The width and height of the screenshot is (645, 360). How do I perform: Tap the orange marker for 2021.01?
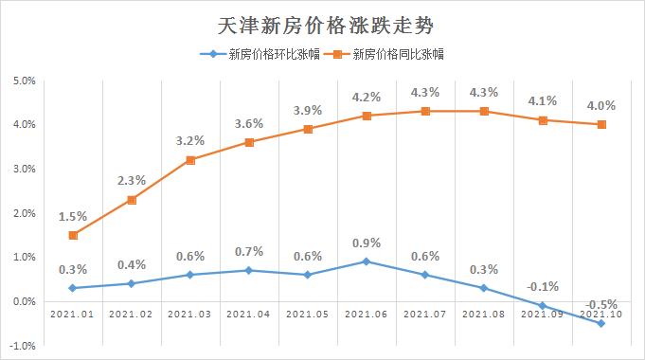pyautogui.click(x=73, y=235)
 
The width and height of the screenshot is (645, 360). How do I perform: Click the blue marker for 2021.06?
pyautogui.click(x=367, y=261)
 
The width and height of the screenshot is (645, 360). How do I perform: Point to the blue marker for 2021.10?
pyautogui.click(x=601, y=323)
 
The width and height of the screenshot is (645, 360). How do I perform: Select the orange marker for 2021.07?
pyautogui.click(x=425, y=111)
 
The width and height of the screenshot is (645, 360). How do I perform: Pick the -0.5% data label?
pyautogui.click(x=601, y=304)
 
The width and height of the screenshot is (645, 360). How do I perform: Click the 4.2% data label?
pyautogui.click(x=367, y=96)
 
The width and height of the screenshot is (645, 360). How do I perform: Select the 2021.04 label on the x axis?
pyautogui.click(x=249, y=314)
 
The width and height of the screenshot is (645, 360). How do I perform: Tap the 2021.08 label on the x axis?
pyautogui.click(x=484, y=314)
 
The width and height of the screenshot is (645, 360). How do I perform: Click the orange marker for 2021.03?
pyautogui.click(x=190, y=160)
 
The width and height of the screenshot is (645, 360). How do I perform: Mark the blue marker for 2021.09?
pyautogui.click(x=543, y=305)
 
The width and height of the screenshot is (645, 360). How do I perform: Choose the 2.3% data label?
pyautogui.click(x=132, y=179)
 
